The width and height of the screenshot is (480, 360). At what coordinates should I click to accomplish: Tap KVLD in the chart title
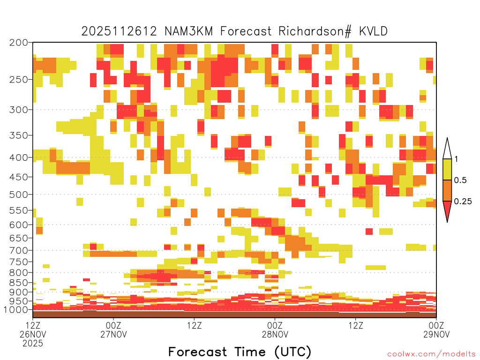(x=374, y=31)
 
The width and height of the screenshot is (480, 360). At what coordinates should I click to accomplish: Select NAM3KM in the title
(x=188, y=31)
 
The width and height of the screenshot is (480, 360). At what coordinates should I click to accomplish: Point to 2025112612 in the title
(x=119, y=31)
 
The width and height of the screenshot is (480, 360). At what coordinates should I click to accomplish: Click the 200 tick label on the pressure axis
(x=18, y=43)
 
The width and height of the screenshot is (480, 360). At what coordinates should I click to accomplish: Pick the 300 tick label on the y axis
(x=18, y=110)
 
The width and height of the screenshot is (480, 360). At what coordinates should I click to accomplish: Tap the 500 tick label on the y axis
(x=18, y=195)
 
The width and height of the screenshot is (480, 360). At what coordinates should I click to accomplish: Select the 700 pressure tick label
(x=18, y=250)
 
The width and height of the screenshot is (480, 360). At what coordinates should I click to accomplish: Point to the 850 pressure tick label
(x=18, y=283)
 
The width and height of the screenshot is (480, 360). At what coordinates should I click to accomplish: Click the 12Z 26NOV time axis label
(x=33, y=334)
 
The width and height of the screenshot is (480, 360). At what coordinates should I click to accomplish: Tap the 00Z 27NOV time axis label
(x=113, y=330)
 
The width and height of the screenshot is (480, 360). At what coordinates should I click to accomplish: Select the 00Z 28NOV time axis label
(x=275, y=330)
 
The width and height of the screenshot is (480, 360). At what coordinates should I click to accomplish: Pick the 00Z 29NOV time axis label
(x=436, y=330)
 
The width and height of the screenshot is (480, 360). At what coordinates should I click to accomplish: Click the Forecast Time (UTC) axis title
(x=240, y=352)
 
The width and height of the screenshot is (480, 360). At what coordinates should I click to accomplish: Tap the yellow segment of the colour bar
(x=447, y=169)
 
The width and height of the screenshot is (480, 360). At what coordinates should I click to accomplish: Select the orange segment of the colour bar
(x=447, y=190)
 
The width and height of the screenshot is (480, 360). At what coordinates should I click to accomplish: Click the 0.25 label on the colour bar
(x=463, y=201)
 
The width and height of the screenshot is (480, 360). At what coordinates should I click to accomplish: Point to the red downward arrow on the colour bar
(x=447, y=210)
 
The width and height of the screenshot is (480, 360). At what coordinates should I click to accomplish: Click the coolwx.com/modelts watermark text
(x=431, y=354)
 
